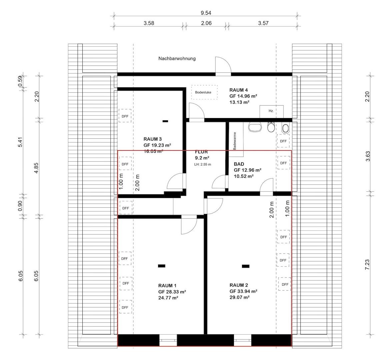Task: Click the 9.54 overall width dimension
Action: pos(206,13)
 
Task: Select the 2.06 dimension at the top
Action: pos(206,23)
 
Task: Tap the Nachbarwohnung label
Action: pos(177,58)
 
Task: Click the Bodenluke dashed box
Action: pos(203,92)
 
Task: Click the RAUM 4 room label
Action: pos(239,90)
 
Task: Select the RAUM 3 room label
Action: pos(153,139)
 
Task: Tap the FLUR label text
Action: pos(201,152)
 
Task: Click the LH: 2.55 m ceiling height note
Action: pos(203,164)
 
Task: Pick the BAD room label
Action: pos(239,164)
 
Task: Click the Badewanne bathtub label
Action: pos(235,140)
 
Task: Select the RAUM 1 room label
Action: pos(167,286)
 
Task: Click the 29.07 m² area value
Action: pos(240,297)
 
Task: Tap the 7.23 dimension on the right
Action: pos(367,264)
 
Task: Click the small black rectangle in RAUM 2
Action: pos(246,266)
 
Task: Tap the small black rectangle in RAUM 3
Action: pos(165,121)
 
